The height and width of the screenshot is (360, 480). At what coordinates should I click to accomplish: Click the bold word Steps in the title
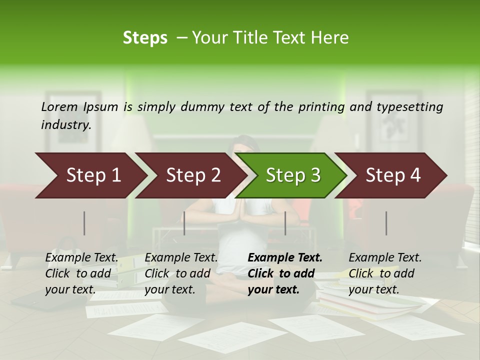coord(145,37)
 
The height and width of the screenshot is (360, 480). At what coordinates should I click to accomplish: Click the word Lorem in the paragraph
coord(59,107)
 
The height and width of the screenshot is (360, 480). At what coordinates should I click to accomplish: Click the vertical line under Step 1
coord(84,223)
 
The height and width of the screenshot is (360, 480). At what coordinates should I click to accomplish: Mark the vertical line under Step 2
coord(184,223)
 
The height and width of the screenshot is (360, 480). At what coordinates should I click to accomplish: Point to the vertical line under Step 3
coord(285,223)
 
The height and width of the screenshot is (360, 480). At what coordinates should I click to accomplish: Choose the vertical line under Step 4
coord(386,223)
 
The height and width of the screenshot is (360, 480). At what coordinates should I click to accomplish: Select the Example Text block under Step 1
coord(81,273)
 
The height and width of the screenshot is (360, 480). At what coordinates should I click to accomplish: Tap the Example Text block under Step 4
coord(385,273)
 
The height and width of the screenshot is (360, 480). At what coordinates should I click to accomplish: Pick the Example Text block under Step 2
coord(181,273)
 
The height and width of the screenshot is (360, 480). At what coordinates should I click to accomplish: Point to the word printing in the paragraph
coord(323,107)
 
